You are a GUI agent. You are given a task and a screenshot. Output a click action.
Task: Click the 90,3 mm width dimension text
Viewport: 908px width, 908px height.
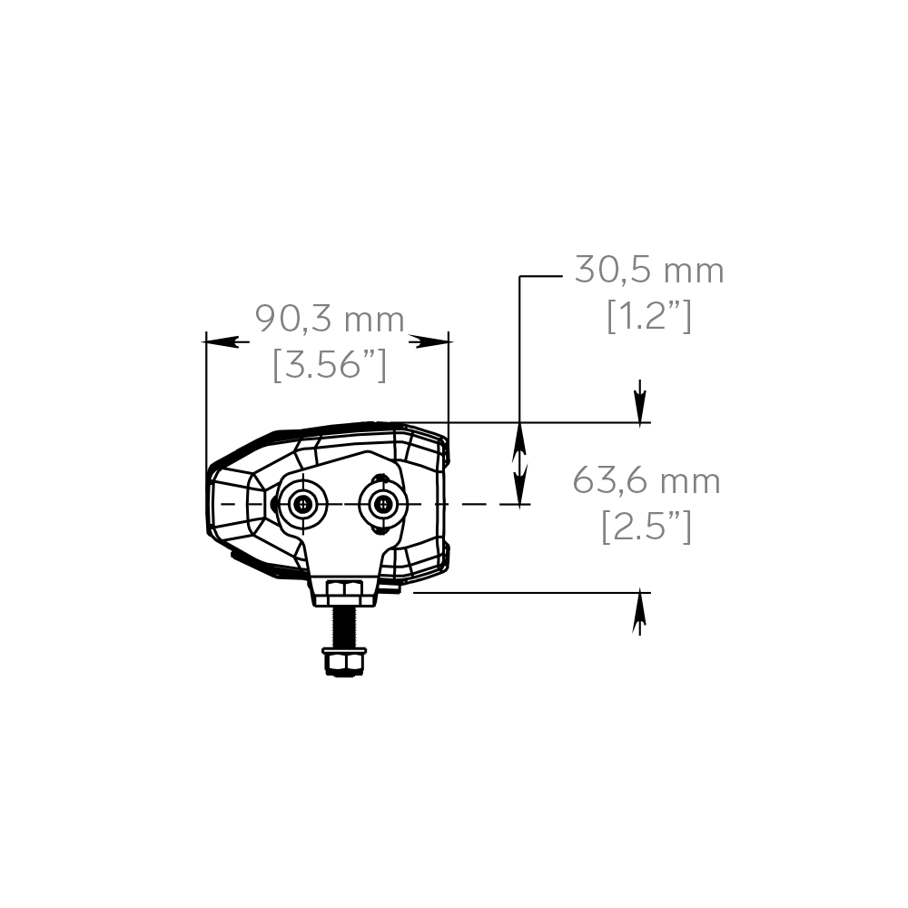coord(329,320)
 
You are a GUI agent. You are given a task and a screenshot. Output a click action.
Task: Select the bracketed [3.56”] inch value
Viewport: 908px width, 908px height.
coord(330,365)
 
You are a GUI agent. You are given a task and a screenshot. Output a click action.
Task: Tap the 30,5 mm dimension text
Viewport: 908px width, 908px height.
coord(648,271)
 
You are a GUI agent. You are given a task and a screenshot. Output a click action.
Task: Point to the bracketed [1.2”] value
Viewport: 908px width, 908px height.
coord(648,316)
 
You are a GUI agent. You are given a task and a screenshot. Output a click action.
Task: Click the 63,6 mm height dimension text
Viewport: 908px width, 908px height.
coord(646,481)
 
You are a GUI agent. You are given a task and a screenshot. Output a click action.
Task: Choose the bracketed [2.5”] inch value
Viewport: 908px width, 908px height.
coord(646,527)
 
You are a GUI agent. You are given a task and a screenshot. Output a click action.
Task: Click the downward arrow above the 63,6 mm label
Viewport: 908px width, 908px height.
coord(641,400)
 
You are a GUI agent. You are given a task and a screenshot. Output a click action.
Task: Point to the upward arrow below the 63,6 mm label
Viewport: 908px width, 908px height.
coord(640,613)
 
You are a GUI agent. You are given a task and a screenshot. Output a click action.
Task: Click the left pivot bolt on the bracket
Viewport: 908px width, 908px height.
coord(302,505)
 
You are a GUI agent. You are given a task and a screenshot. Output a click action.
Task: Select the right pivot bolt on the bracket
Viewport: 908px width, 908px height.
coord(382,505)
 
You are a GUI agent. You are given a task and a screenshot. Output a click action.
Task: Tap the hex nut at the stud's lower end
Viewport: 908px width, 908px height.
coord(344,660)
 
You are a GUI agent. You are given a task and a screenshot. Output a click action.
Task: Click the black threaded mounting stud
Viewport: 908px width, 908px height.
coord(344,627)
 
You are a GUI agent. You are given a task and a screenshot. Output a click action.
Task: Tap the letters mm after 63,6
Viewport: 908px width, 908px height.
coord(690,481)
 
